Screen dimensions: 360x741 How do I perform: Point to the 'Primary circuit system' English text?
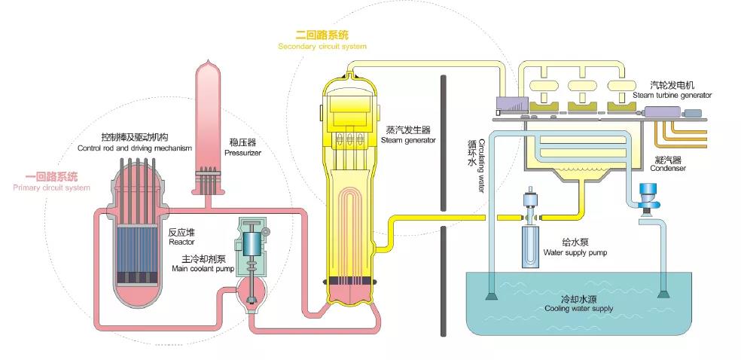[x=51, y=188]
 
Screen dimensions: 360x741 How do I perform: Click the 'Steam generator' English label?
[x=408, y=140]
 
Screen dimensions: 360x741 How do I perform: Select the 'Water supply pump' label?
[x=575, y=253]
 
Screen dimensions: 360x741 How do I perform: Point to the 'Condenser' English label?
[x=669, y=169]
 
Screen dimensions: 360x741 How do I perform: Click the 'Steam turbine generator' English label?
[x=672, y=96]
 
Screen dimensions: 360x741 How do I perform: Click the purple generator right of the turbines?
[x=662, y=112]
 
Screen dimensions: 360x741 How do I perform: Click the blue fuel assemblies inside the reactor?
[x=143, y=233]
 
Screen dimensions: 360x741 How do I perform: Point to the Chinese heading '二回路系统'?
[x=323, y=35]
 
